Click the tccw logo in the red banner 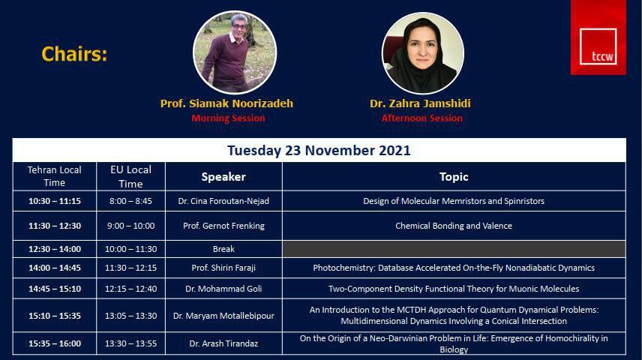tap(598, 46)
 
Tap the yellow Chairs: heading tap(74, 54)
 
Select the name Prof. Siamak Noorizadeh tap(226, 103)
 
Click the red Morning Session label tap(228, 118)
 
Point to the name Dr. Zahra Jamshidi tap(420, 103)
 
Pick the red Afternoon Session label tap(421, 118)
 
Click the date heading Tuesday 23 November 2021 tap(319, 150)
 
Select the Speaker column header tap(223, 176)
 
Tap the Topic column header tap(454, 176)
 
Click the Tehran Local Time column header tap(55, 176)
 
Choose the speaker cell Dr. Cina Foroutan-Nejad tap(223, 201)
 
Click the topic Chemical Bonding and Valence tap(454, 226)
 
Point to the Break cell tap(223, 249)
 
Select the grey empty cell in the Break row tap(454, 249)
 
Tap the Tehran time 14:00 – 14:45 tap(55, 268)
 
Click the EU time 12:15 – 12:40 tap(130, 289)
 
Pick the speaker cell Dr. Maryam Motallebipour tap(223, 316)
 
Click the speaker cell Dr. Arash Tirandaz tap(223, 343)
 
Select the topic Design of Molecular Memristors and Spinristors tap(454, 201)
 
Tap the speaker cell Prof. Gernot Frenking tap(223, 226)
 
